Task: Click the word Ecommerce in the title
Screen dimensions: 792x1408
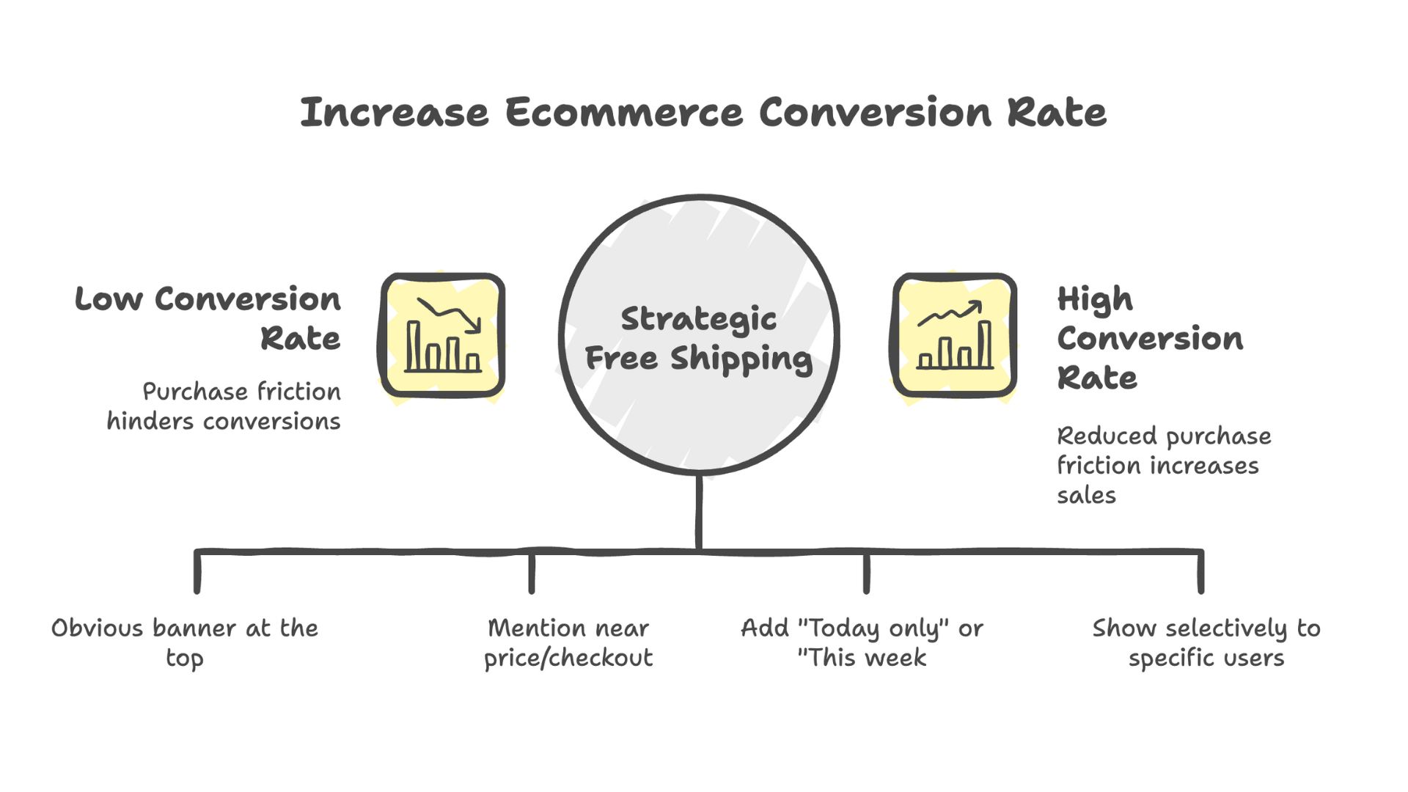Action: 623,113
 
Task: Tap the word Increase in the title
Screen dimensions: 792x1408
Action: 394,113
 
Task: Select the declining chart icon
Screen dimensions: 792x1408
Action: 442,336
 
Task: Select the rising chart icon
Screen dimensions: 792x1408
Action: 954,336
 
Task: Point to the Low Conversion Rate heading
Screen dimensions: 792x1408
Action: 208,319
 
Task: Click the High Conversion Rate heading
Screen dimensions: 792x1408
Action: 1149,338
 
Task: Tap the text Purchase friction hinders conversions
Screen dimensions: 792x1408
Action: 224,406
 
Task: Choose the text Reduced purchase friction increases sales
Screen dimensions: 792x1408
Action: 1163,466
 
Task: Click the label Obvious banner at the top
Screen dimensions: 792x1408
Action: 185,642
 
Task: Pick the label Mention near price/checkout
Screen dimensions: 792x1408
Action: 568,642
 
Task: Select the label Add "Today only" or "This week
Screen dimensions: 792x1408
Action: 862,642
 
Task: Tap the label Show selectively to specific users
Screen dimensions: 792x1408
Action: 1206,642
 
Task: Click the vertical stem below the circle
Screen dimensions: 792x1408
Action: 699,511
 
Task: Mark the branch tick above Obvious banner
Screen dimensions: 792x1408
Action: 197,572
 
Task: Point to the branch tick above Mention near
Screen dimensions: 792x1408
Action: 532,572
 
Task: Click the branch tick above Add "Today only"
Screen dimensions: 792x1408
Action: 866,572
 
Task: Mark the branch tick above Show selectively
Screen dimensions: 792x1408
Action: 1200,572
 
